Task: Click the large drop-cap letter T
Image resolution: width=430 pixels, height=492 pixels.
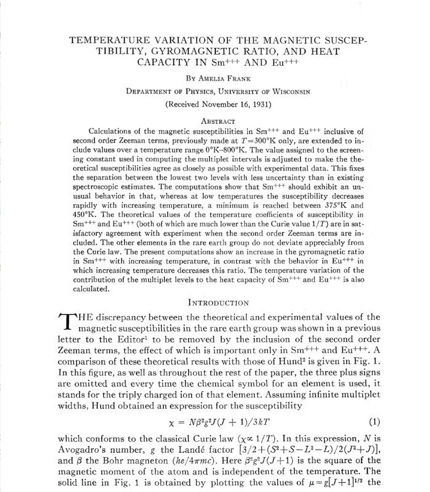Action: click(x=65, y=322)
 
